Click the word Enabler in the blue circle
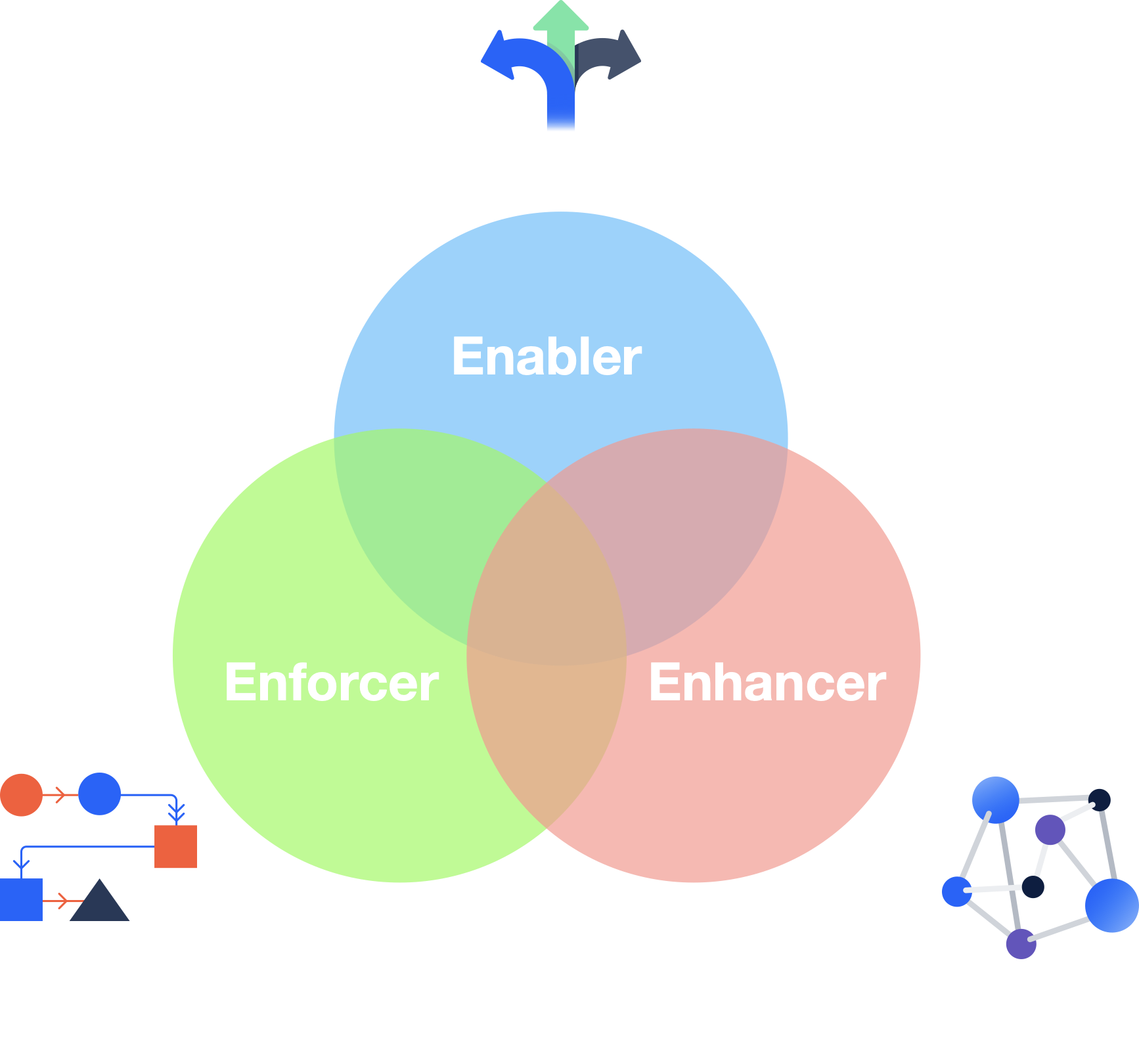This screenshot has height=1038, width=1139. tap(547, 357)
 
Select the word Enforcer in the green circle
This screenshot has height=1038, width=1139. tap(332, 683)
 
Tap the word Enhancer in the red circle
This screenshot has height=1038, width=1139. tap(767, 683)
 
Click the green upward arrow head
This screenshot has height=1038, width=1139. tap(560, 16)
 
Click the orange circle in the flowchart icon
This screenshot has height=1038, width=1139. tap(21, 795)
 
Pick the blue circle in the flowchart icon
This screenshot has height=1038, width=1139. tap(99, 794)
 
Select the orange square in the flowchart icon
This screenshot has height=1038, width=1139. tap(175, 847)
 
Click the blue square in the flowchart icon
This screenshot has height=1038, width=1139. tap(21, 899)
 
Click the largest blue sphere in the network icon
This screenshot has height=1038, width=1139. tap(1111, 905)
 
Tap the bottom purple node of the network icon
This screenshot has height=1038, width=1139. tap(1021, 944)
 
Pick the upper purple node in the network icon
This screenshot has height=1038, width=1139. tap(1050, 830)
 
